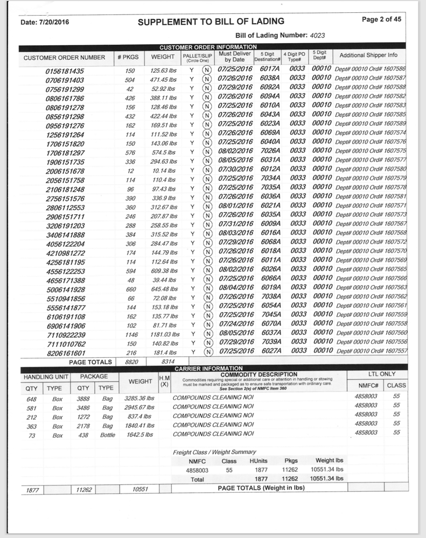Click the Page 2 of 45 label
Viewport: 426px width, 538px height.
(x=381, y=19)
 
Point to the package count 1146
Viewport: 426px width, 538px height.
(x=129, y=334)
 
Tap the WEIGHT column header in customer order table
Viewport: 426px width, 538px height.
(x=162, y=56)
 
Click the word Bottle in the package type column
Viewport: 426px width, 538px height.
(x=108, y=435)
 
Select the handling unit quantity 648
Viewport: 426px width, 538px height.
(x=32, y=398)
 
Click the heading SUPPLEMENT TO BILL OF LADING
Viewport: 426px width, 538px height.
(x=211, y=22)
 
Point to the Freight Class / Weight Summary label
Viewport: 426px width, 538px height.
(x=214, y=452)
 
